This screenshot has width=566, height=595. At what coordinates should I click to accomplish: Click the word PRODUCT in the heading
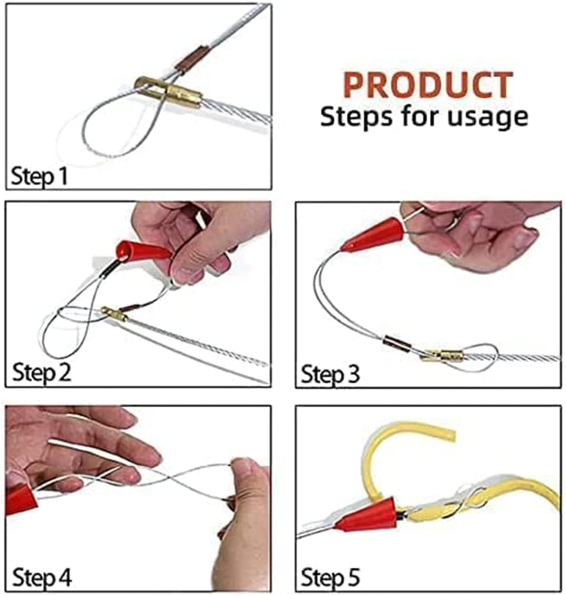pos(428,85)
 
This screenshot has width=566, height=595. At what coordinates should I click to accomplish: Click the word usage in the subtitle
pos(488,117)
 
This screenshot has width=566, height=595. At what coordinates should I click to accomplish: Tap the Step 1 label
pos(39,177)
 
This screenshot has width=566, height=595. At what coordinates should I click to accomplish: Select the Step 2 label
pos(41,372)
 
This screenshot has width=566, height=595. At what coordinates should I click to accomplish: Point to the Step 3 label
pos(330,374)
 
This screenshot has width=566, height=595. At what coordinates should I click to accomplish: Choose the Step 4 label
pos(42,578)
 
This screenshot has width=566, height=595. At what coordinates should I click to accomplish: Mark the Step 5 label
pos(330,578)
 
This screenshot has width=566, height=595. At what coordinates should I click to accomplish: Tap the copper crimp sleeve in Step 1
pos(192,58)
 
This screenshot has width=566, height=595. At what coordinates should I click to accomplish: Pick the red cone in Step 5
pos(366,514)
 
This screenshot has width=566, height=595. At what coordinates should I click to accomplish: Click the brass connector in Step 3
pos(442,355)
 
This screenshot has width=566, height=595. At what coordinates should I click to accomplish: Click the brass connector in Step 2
pos(113,313)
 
